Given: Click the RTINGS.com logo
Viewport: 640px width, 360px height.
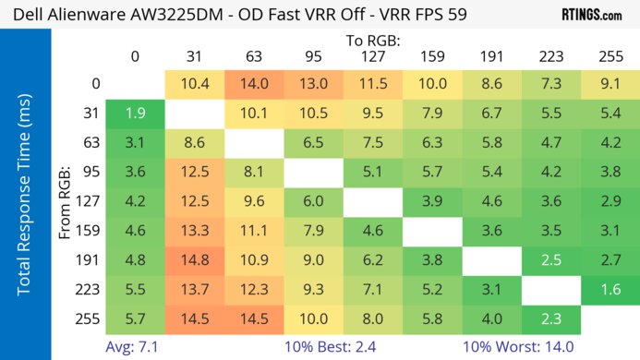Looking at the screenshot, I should click(590, 15).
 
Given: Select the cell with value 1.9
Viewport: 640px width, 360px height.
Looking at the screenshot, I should click(135, 114).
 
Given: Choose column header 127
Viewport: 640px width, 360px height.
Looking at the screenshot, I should click(372, 56).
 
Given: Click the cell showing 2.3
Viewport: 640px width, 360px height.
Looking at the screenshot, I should click(550, 319).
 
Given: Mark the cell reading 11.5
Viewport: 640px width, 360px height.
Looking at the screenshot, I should click(372, 84).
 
